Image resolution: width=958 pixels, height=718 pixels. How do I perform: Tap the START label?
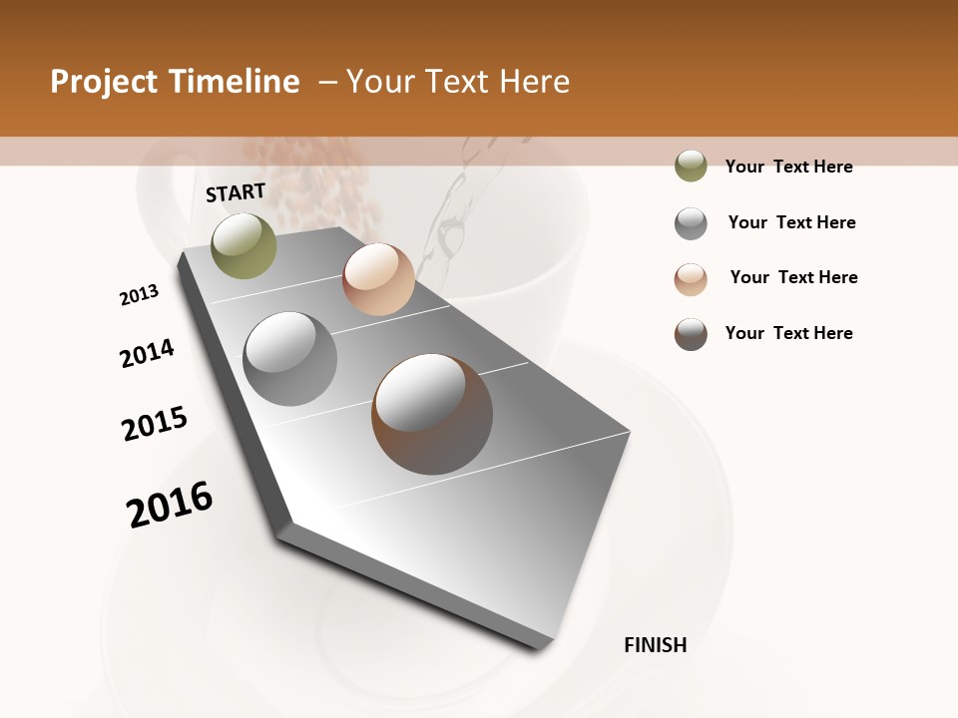(x=236, y=192)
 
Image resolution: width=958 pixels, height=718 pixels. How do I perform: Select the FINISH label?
(x=655, y=645)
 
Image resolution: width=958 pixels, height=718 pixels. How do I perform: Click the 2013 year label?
(x=139, y=295)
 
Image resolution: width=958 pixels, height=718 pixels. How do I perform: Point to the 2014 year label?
(x=147, y=353)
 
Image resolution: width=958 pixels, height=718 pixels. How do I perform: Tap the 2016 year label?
(x=170, y=504)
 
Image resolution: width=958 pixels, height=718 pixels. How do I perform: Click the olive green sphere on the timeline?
(x=243, y=245)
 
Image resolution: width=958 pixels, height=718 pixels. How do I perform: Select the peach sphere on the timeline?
(x=378, y=279)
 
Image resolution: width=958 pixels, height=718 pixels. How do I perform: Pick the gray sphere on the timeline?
(x=290, y=359)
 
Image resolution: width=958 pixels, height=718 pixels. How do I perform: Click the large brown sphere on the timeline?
(x=431, y=413)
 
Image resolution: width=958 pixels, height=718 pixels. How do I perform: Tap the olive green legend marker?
(x=691, y=166)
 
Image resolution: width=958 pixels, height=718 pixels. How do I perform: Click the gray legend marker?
(x=691, y=222)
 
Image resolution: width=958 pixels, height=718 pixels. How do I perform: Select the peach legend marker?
(x=691, y=278)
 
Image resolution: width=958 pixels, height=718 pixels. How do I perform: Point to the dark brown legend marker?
(x=691, y=334)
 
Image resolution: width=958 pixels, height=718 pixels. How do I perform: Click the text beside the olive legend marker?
(x=788, y=167)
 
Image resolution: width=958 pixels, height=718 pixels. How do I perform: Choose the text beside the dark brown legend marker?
(x=788, y=333)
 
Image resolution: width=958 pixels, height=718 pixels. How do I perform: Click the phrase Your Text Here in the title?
(x=458, y=82)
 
